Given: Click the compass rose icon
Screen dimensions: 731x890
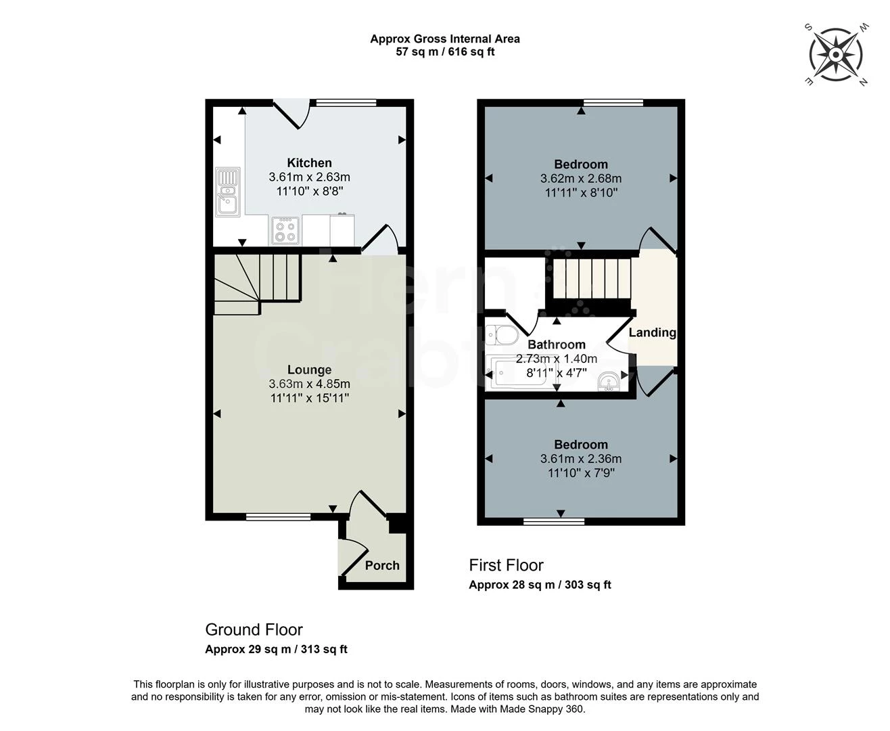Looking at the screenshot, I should pos(836,54).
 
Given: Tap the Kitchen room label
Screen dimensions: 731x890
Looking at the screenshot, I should pos(309,162).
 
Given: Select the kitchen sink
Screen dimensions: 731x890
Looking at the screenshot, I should pos(228,192).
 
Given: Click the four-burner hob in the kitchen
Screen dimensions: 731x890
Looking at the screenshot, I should pos(285,230).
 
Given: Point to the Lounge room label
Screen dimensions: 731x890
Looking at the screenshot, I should pos(309,370).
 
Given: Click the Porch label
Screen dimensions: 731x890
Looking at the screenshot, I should pos(382,565).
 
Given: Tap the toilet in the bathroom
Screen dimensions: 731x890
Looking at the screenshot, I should pos(501,335).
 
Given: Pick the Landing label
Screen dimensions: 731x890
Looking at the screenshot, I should pos(652,332).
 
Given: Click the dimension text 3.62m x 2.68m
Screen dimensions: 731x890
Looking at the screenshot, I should pos(580,179).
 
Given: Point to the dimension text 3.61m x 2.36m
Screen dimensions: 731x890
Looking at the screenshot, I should pos(580,459).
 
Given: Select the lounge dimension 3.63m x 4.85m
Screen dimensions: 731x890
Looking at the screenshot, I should pos(309,384).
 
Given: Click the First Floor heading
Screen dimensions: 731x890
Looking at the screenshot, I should pos(506,565).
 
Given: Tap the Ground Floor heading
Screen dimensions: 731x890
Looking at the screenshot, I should pos(254,629).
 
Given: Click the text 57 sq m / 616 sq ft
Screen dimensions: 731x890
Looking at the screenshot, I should pos(445,52).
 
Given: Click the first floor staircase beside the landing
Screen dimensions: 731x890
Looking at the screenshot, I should pos(592,278).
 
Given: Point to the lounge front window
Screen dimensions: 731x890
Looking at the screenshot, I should pos(278,517).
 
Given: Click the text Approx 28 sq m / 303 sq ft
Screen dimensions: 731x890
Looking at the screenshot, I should pos(540,585).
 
